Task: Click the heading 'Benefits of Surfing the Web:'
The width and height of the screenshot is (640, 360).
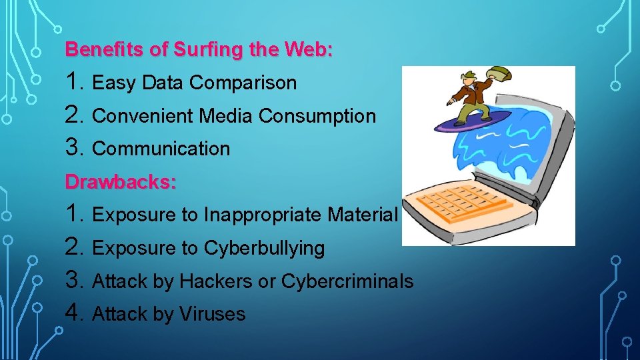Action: pyautogui.click(x=199, y=50)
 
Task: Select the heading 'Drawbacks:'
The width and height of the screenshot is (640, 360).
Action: pyautogui.click(x=121, y=182)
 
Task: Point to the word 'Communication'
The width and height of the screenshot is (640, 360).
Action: pyautogui.click(x=161, y=149)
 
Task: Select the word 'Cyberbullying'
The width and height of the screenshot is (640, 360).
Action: pyautogui.click(x=264, y=248)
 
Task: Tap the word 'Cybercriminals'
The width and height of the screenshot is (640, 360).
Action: pyautogui.click(x=347, y=281)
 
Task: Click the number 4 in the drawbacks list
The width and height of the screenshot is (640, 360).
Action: pyautogui.click(x=74, y=313)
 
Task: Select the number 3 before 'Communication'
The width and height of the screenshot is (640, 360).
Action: pyautogui.click(x=74, y=147)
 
